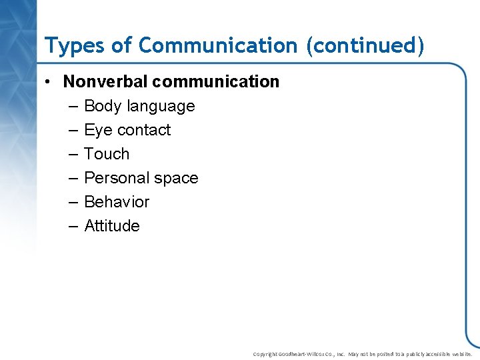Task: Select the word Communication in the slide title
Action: [217, 45]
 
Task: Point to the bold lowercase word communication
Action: [216, 82]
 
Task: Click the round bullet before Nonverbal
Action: [49, 83]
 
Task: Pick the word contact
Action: [144, 130]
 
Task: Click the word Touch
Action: [107, 154]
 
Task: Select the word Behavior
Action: [117, 202]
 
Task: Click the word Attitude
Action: [112, 226]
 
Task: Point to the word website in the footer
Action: [461, 355]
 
